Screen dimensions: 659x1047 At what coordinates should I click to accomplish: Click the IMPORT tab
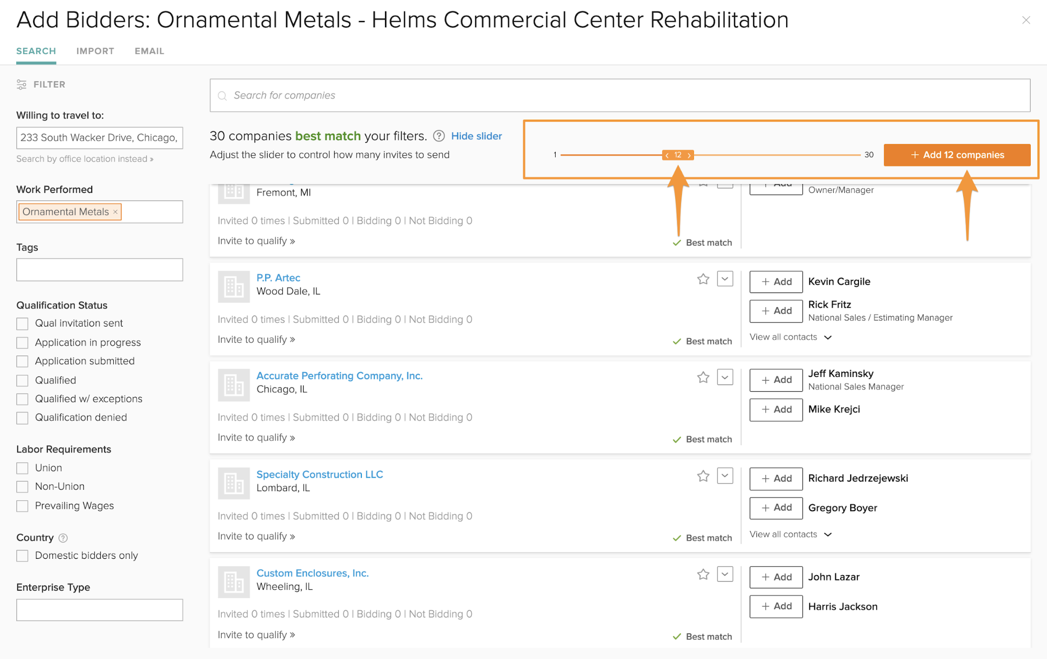click(95, 51)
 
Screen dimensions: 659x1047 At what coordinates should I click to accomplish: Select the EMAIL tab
click(149, 51)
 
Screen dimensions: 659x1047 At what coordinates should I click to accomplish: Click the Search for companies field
click(620, 95)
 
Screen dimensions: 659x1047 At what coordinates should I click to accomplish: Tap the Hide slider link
click(476, 136)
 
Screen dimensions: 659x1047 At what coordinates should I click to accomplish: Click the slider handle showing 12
click(678, 155)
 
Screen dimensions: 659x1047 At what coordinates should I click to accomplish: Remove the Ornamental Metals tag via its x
click(116, 212)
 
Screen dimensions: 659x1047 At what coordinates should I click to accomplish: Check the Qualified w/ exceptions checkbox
click(23, 399)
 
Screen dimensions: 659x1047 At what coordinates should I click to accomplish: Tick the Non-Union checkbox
click(23, 487)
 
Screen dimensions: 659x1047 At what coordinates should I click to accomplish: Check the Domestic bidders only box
click(23, 556)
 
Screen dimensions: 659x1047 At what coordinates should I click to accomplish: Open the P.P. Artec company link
click(278, 278)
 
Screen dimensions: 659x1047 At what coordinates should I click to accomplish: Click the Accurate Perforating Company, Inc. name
click(339, 376)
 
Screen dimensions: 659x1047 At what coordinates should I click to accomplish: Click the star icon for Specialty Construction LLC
click(703, 476)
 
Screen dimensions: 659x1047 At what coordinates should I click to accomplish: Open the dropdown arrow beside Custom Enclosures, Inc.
click(725, 575)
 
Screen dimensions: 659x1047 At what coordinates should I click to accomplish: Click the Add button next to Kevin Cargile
click(776, 282)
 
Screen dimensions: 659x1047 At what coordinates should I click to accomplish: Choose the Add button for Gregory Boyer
click(776, 507)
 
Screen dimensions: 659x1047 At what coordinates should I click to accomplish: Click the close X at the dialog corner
click(1026, 20)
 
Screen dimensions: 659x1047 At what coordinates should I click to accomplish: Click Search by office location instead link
click(84, 159)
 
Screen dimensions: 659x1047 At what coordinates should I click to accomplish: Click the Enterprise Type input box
click(100, 610)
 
